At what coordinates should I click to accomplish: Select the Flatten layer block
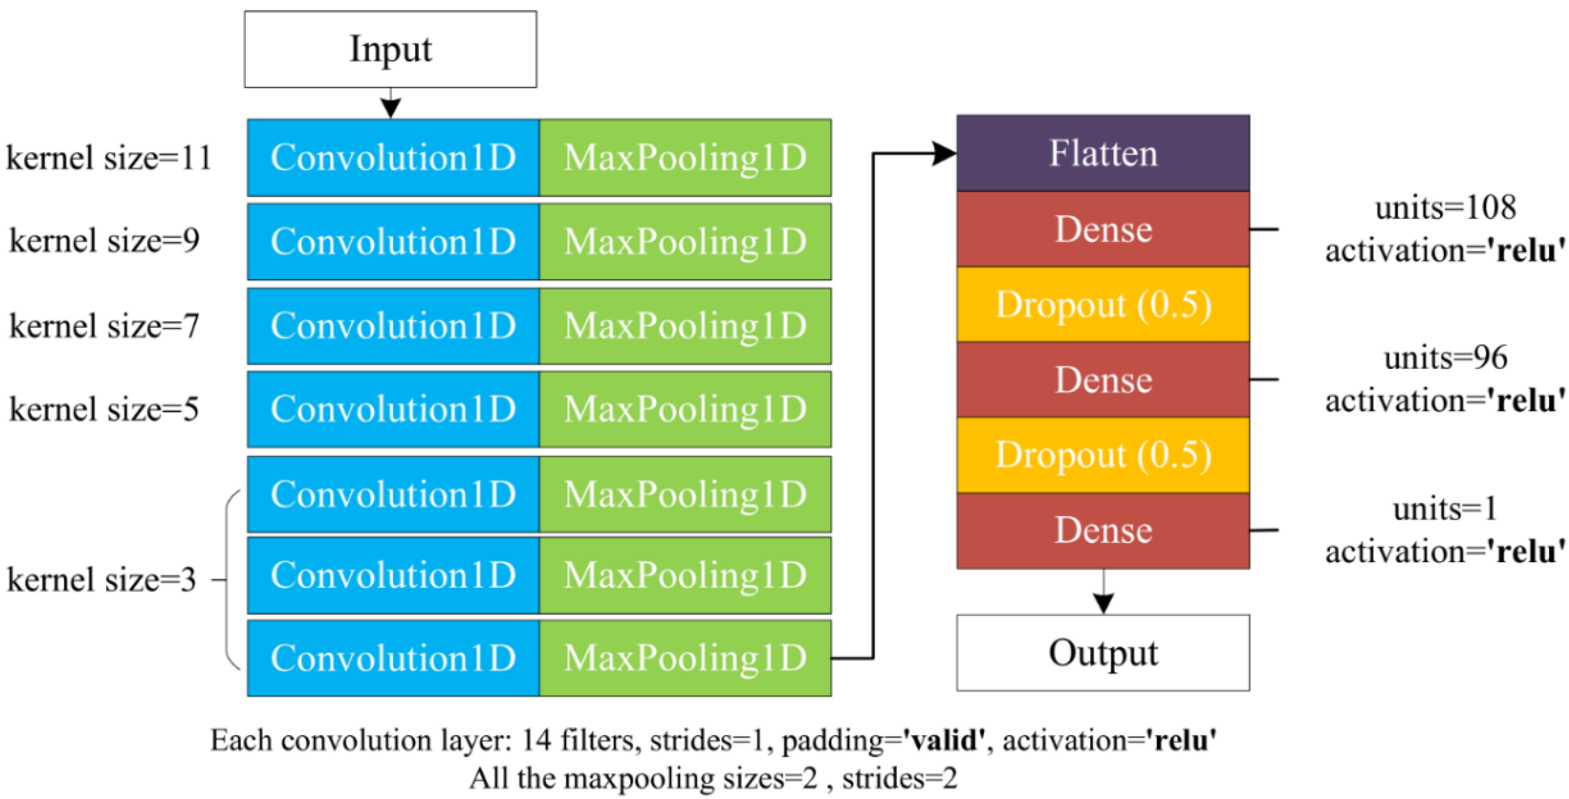1103,153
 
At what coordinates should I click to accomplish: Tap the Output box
1103,653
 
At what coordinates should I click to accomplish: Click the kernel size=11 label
109,158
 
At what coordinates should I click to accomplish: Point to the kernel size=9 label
104,241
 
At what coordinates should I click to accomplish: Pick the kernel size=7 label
104,326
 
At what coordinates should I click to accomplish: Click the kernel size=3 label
102,579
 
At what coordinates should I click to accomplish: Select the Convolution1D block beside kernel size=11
393,158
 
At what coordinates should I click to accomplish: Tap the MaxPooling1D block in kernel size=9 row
685,242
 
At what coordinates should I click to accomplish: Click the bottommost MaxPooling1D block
685,658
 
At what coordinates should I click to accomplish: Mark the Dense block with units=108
1103,230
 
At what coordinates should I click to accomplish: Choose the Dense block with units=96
1103,380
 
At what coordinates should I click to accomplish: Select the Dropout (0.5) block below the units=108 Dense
1103,305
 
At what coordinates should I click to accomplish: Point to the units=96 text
1445,358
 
